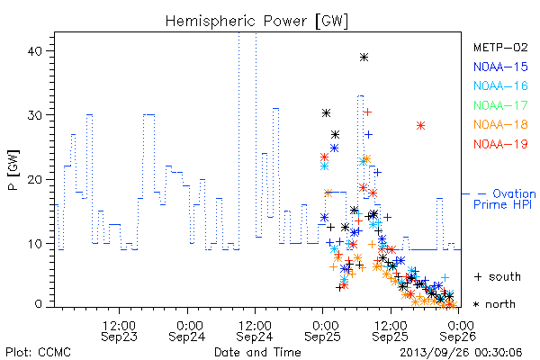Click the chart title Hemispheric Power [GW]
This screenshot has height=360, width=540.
coord(256,21)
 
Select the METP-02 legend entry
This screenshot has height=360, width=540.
coord(500,47)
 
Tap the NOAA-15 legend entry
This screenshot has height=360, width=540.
coord(500,67)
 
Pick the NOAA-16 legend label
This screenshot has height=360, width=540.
coord(500,85)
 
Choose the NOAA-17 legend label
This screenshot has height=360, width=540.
coord(500,105)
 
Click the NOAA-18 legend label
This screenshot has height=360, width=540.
coord(500,124)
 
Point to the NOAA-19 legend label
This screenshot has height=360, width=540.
coord(500,144)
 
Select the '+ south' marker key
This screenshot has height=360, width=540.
coord(498,276)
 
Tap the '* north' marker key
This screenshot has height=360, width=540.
coord(494,304)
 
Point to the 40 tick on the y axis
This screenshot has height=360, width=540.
coord(34,51)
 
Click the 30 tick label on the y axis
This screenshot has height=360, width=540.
coord(34,115)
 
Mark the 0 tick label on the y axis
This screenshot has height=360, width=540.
coord(38,304)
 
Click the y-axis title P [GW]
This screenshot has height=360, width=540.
coord(14,170)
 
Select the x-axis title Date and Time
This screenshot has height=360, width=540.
coord(257,353)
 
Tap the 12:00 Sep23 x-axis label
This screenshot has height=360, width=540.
coord(119,331)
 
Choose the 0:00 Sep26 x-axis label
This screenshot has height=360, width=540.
coord(458,331)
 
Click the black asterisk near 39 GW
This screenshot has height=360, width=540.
coord(364,58)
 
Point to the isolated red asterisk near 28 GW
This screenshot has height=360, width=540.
coord(420,126)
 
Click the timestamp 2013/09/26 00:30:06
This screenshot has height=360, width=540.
coord(461,353)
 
